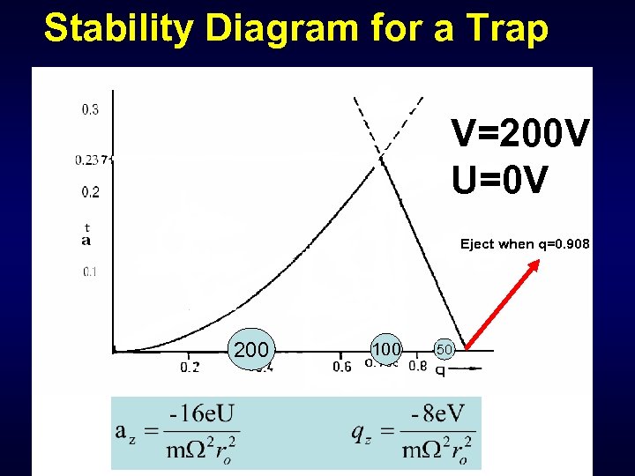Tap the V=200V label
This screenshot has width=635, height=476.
(x=519, y=134)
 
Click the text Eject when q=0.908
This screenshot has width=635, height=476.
(x=525, y=244)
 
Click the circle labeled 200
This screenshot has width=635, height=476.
(x=251, y=351)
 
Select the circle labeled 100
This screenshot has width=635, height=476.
(x=385, y=350)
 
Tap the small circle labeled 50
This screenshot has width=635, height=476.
(x=444, y=350)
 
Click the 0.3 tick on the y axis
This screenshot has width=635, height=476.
(x=90, y=110)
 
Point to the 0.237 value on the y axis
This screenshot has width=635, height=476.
(x=92, y=160)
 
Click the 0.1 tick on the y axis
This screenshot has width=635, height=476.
(x=90, y=271)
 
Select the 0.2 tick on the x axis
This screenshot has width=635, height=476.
(x=190, y=367)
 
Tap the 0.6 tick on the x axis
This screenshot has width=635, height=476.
(x=341, y=367)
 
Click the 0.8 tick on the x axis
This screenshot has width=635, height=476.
(x=417, y=366)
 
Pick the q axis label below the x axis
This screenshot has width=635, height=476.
(x=440, y=370)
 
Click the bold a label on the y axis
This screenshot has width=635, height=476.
(x=86, y=241)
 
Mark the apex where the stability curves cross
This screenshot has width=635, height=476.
(x=381, y=159)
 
